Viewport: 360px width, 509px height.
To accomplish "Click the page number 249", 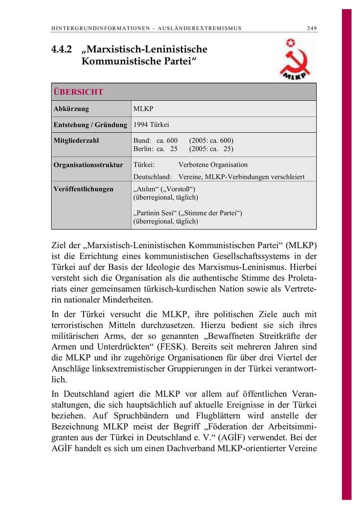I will pyautogui.click(x=312, y=28).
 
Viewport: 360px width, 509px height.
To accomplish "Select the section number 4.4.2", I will pyautogui.click(x=61, y=50).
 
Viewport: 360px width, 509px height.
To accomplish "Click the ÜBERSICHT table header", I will pyautogui.click(x=78, y=92).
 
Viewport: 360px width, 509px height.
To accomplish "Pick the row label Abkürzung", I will pyautogui.click(x=71, y=109).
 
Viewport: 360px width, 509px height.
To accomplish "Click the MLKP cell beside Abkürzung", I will pyautogui.click(x=143, y=109).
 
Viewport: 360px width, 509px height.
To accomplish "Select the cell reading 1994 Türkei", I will pyautogui.click(x=151, y=125).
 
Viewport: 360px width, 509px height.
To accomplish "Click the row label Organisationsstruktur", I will pyautogui.click(x=88, y=165).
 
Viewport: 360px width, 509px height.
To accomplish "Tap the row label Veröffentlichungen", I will pyautogui.click(x=84, y=189).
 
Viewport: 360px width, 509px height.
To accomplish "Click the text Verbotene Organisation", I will pyautogui.click(x=213, y=165).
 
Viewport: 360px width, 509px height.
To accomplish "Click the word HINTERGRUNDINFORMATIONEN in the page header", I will pyautogui.click(x=102, y=28).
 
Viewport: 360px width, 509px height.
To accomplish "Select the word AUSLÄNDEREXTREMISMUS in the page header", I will pyautogui.click(x=200, y=28).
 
